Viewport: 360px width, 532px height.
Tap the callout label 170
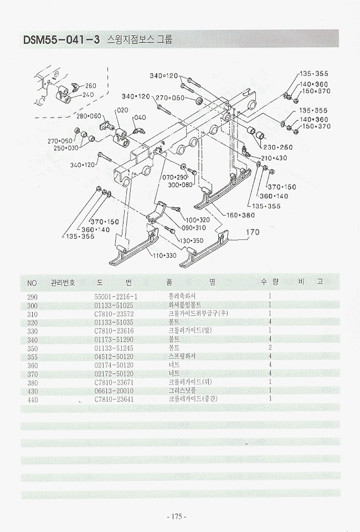click(x=252, y=233)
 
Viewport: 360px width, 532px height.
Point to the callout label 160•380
click(x=240, y=214)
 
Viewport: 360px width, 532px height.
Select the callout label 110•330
click(x=165, y=255)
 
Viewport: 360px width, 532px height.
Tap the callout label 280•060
click(x=89, y=116)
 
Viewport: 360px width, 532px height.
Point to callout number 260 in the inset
click(x=90, y=85)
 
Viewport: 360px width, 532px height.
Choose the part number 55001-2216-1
click(x=116, y=296)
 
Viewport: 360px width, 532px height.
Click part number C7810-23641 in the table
click(x=116, y=399)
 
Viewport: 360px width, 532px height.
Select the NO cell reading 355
click(x=33, y=356)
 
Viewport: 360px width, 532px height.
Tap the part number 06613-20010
click(x=116, y=390)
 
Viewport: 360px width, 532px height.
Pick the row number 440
click(x=33, y=399)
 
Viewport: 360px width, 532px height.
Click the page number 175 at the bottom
click(x=177, y=516)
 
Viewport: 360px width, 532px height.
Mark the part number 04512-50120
click(x=116, y=356)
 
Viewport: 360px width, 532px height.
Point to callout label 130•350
click(x=192, y=241)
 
